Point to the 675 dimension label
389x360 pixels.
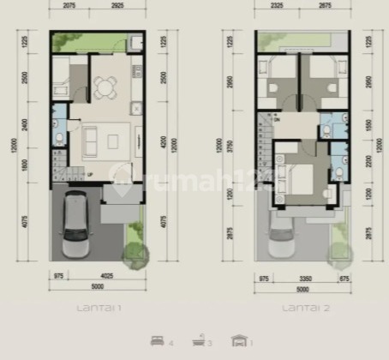coord(344,276)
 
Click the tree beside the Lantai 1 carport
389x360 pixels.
coord(135,252)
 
